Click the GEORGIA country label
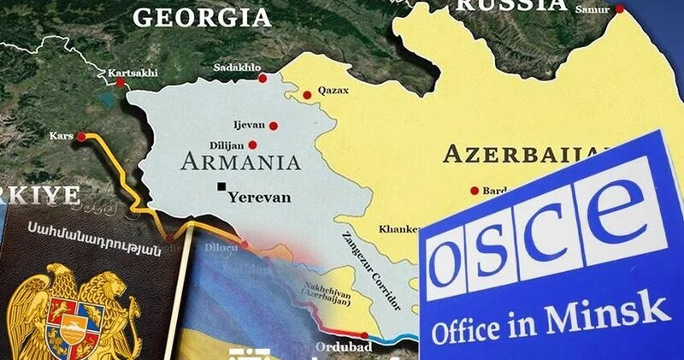coord(202,16)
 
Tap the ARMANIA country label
coord(241,162)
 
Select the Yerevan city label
coord(260,197)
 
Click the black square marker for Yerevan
coord(222,186)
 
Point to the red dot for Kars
coord(81,136)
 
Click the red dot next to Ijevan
coord(274,126)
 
